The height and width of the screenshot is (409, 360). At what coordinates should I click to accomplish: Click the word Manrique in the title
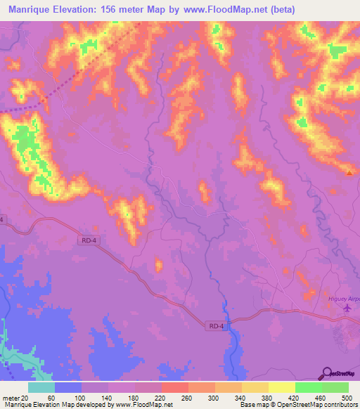32,9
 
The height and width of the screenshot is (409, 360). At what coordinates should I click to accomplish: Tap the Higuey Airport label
344,299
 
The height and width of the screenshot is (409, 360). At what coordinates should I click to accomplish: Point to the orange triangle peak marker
349,171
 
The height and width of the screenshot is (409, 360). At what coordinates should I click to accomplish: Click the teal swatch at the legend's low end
41,387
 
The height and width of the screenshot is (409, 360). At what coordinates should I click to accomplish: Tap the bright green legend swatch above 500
335,387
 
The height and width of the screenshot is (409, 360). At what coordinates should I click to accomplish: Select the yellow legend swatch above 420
282,387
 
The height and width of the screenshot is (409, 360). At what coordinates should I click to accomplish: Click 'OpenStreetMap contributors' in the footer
320,405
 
